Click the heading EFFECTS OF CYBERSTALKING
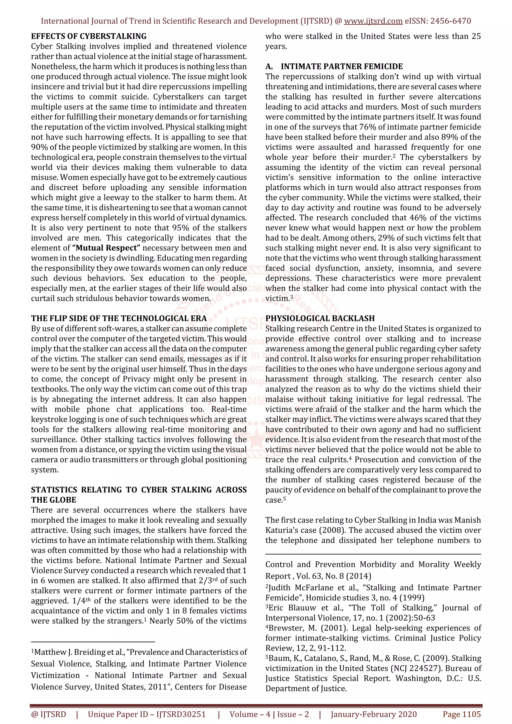(89, 36)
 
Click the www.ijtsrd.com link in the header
(373, 21)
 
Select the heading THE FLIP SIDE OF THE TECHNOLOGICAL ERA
(119, 319)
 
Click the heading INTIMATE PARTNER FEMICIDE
(342, 66)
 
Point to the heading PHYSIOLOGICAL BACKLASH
(320, 319)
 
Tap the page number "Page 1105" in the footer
(461, 714)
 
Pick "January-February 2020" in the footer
(373, 714)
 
